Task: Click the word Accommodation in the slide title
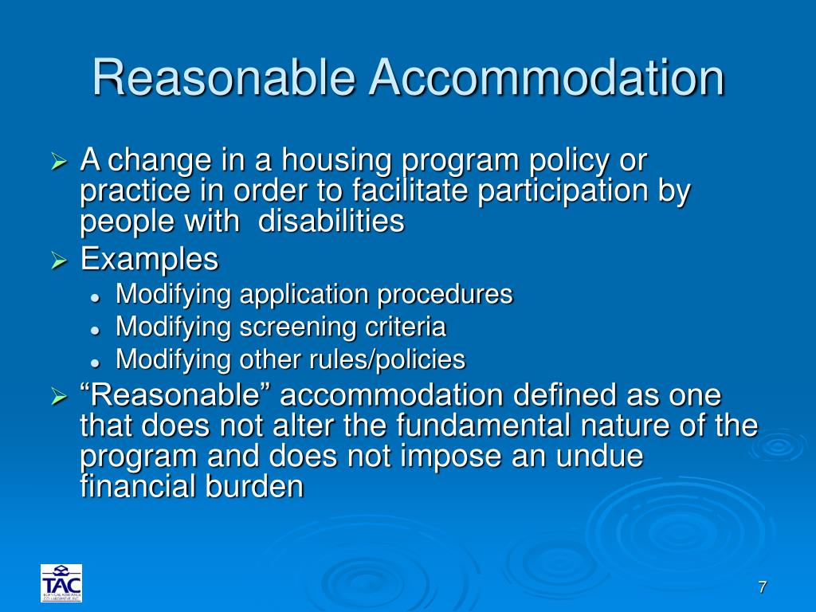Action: (x=547, y=78)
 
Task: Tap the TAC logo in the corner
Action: (x=61, y=583)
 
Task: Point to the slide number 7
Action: (x=762, y=587)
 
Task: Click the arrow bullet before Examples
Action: (x=61, y=261)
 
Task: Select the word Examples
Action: (x=149, y=259)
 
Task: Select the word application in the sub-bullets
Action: (x=306, y=294)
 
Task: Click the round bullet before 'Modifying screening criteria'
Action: (x=95, y=328)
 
